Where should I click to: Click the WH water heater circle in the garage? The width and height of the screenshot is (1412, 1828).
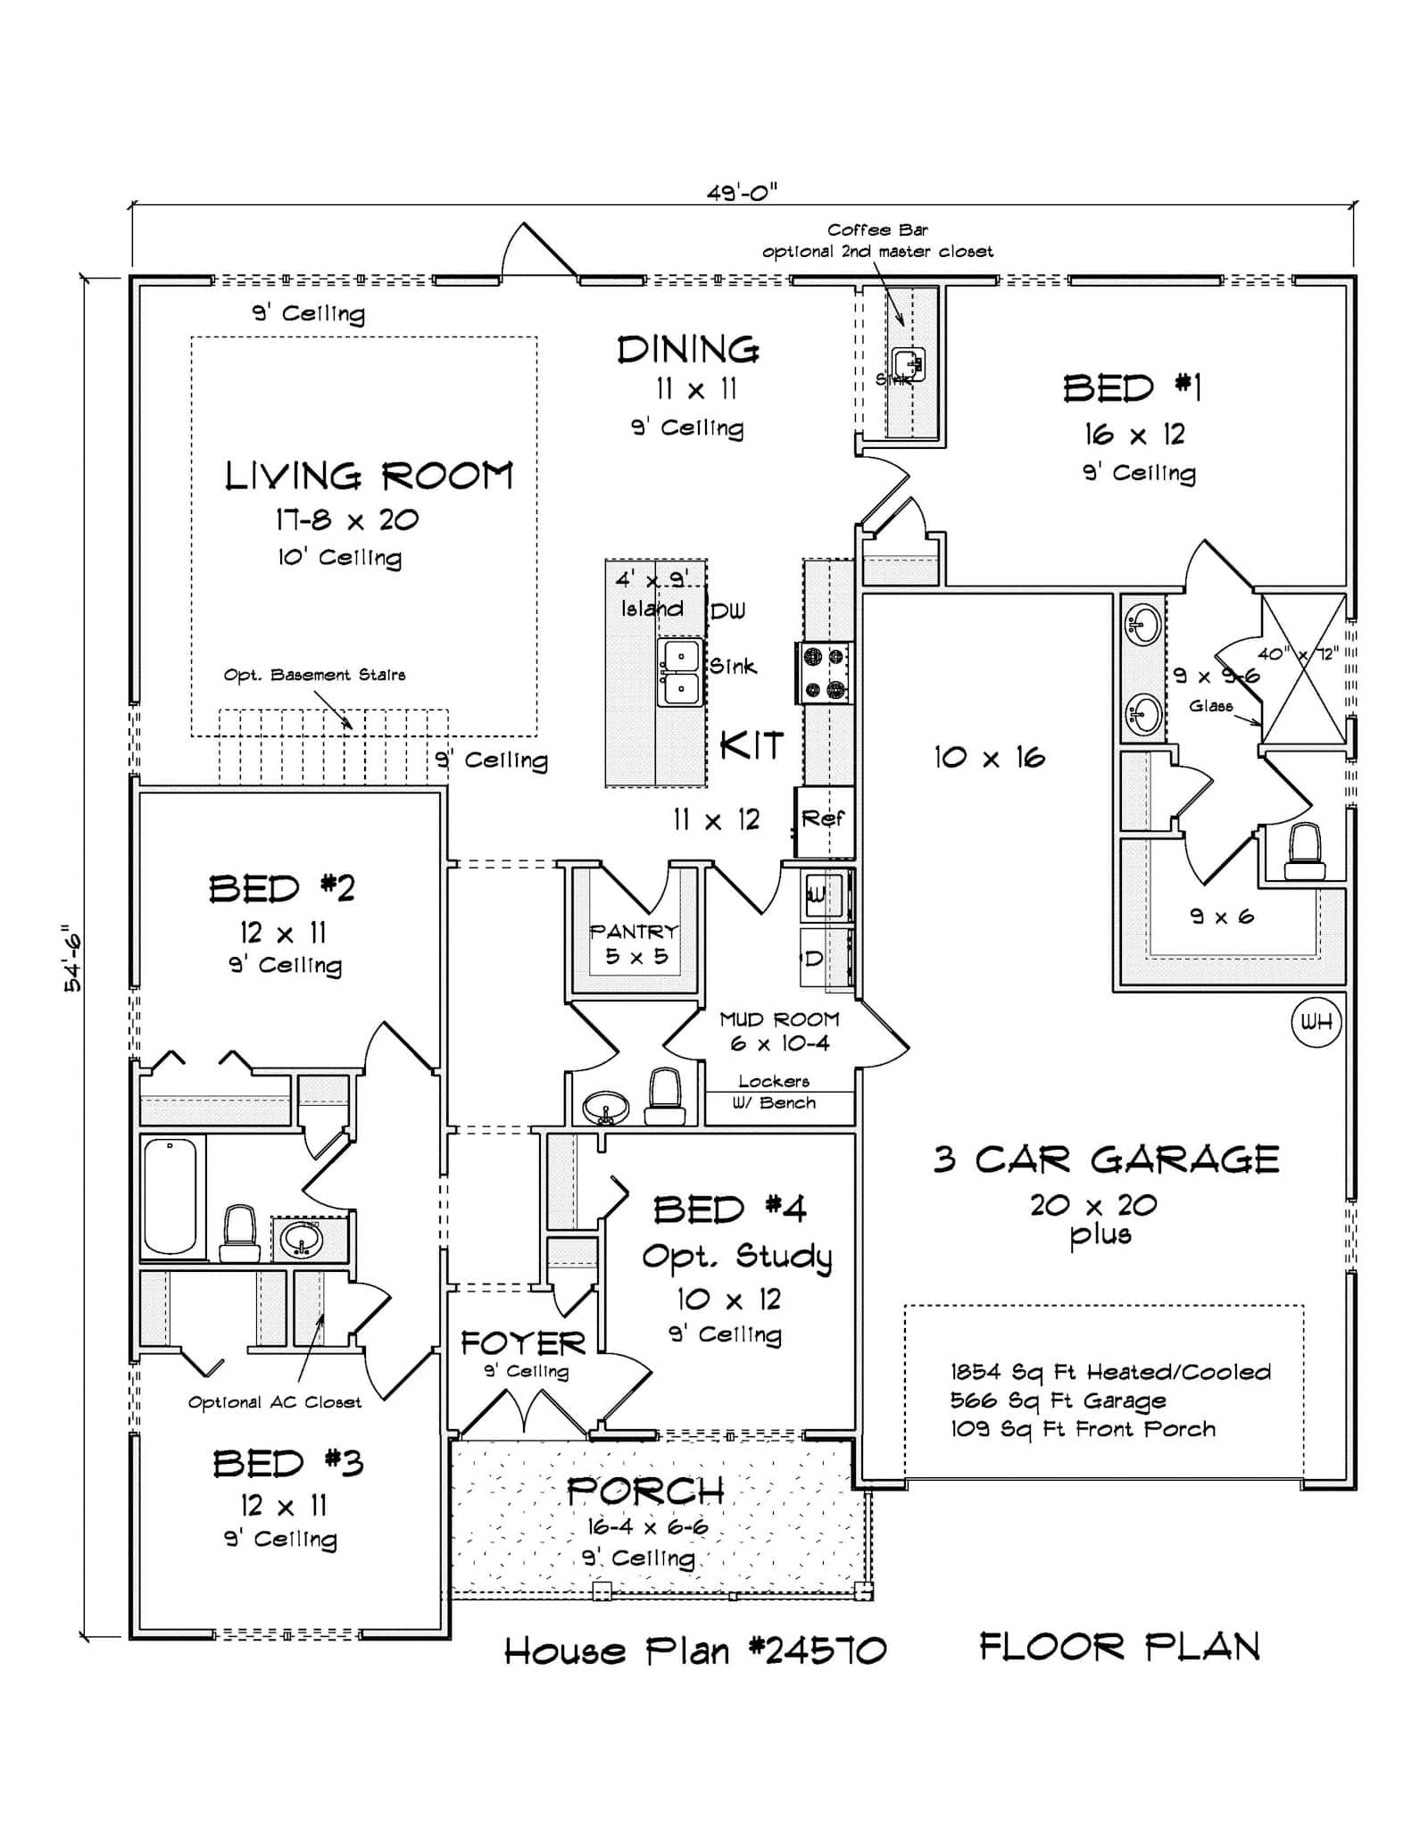(x=1316, y=1022)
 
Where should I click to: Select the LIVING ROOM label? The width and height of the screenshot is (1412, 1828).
(x=369, y=476)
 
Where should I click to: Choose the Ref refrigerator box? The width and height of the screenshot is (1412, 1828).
(x=823, y=818)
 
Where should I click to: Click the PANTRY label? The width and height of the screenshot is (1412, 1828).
(x=634, y=932)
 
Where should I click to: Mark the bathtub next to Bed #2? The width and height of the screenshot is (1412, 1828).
(x=170, y=1196)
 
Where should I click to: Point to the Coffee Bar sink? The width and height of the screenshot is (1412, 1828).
(x=909, y=363)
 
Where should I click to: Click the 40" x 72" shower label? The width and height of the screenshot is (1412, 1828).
(x=1298, y=654)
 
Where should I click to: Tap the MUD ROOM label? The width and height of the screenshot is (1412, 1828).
(x=779, y=1019)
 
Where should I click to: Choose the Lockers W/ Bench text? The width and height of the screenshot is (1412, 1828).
(x=774, y=1093)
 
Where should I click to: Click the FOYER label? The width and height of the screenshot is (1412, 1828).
(x=523, y=1343)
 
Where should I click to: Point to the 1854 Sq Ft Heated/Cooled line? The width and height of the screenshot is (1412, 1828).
(x=1109, y=1372)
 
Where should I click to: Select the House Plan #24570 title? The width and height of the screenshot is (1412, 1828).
(x=695, y=1651)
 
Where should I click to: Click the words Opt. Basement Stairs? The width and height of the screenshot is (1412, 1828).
(x=314, y=675)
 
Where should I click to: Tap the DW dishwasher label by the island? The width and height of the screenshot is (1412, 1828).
(x=727, y=611)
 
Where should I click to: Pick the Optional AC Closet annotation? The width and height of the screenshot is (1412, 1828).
(x=274, y=1402)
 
